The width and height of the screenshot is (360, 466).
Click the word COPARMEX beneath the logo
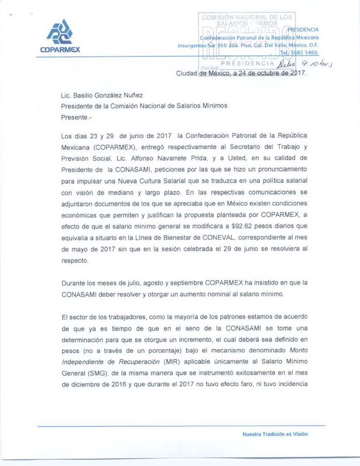pos(60,50)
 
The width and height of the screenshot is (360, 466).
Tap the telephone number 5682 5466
pos(305,52)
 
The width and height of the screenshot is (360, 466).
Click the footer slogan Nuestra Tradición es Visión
pos(275,434)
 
